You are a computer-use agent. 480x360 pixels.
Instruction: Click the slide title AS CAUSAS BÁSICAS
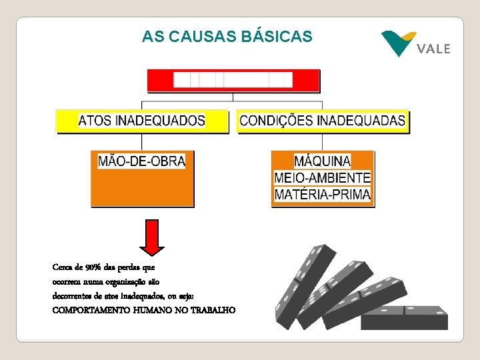[x=227, y=37]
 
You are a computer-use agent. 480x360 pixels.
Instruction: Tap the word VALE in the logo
[x=433, y=49]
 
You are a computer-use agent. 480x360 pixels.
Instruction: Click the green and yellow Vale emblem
[x=398, y=43]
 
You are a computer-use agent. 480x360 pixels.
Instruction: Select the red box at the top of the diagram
[x=233, y=80]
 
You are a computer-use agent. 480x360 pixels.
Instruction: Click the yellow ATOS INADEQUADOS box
[x=142, y=121]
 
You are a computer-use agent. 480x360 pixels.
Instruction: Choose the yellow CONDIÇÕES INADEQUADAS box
[x=322, y=121]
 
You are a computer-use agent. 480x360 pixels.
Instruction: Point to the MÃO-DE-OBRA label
[x=141, y=161]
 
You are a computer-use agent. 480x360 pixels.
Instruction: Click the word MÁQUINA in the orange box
[x=322, y=161]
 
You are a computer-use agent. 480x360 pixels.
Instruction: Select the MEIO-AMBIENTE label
[x=322, y=178]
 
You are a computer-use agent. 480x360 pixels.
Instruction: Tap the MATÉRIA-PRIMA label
[x=322, y=195]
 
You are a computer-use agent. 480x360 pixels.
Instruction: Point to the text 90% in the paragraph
[x=93, y=267]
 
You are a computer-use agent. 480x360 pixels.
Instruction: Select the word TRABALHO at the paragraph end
[x=212, y=310]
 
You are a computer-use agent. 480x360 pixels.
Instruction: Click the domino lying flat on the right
[x=404, y=317]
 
